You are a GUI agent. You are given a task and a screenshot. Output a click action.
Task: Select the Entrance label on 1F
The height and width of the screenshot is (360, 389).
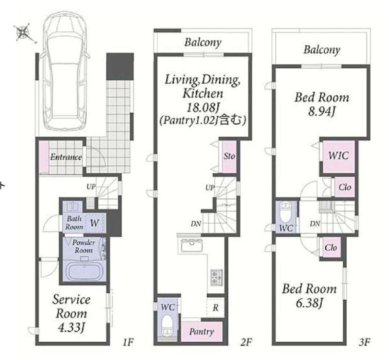point(65,157)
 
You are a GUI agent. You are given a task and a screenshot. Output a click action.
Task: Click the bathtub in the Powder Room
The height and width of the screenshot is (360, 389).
point(84,272)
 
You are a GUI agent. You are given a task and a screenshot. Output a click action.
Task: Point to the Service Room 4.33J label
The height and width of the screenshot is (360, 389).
point(71,313)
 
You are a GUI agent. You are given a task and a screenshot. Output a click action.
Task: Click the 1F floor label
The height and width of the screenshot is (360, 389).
point(128,342)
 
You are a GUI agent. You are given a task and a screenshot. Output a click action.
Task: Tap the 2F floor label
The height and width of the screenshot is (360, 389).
point(246,342)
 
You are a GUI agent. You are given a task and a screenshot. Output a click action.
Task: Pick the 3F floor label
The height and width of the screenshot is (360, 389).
point(364,342)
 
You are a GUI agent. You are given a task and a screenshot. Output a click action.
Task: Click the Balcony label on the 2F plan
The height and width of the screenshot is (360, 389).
point(203,42)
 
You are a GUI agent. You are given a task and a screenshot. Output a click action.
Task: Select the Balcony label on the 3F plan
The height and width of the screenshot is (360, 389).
point(322,50)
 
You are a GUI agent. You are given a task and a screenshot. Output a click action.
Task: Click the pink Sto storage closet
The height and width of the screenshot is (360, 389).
point(229,156)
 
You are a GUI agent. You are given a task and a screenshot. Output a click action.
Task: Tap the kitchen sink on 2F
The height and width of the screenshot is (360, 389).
point(192,245)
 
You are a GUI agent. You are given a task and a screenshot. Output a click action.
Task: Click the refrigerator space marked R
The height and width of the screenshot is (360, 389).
point(215,307)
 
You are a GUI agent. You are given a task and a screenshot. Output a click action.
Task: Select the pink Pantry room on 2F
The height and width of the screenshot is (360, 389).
point(202,331)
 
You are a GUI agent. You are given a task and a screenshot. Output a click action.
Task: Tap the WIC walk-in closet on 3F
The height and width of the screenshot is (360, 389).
point(338,156)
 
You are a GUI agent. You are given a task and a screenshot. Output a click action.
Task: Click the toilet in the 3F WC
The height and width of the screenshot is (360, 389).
point(286,213)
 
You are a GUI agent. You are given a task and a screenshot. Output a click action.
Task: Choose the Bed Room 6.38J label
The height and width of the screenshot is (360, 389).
point(309,296)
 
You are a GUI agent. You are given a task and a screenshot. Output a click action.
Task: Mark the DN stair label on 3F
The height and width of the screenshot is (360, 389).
point(315,224)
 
